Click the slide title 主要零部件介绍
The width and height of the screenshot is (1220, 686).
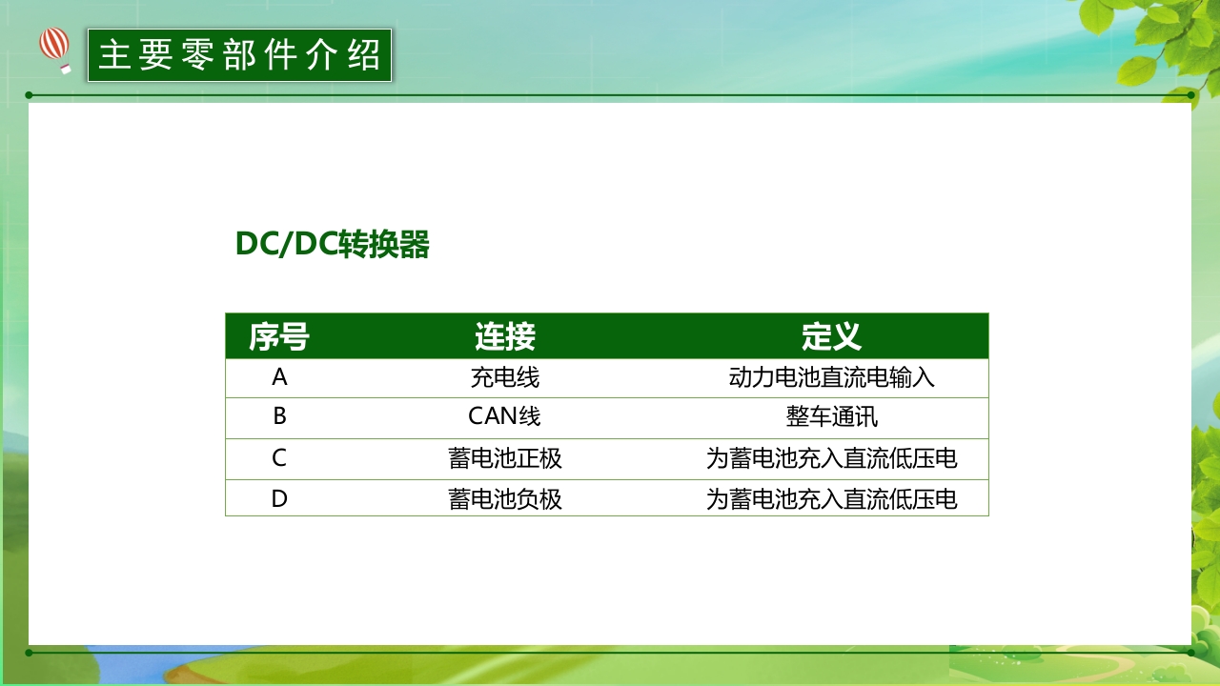[x=239, y=55]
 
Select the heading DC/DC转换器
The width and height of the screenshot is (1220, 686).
[x=333, y=245]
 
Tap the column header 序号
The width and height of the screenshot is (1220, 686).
[x=279, y=336]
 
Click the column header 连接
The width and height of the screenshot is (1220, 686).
[x=505, y=336]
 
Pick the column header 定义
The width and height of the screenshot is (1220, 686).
[x=831, y=336]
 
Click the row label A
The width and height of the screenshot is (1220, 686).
[x=279, y=377]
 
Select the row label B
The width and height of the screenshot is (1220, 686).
[x=279, y=416]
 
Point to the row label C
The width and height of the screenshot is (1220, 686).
[x=279, y=458]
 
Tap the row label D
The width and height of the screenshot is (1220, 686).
[x=279, y=498]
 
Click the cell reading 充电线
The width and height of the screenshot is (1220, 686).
[x=505, y=378]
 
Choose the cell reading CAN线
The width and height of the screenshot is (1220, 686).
[x=505, y=417]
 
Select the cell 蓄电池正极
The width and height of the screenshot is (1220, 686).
[x=505, y=458]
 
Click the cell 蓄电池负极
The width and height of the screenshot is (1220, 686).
[x=505, y=499]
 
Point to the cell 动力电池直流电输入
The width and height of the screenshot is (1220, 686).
[x=831, y=378]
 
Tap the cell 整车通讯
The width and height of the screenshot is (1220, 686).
[x=831, y=417]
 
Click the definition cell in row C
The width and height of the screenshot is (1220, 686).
[x=831, y=458]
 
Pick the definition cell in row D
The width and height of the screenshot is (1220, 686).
[x=831, y=499]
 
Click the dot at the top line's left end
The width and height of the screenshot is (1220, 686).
[x=29, y=95]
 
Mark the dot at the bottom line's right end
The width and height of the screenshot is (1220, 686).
[x=1191, y=653]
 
